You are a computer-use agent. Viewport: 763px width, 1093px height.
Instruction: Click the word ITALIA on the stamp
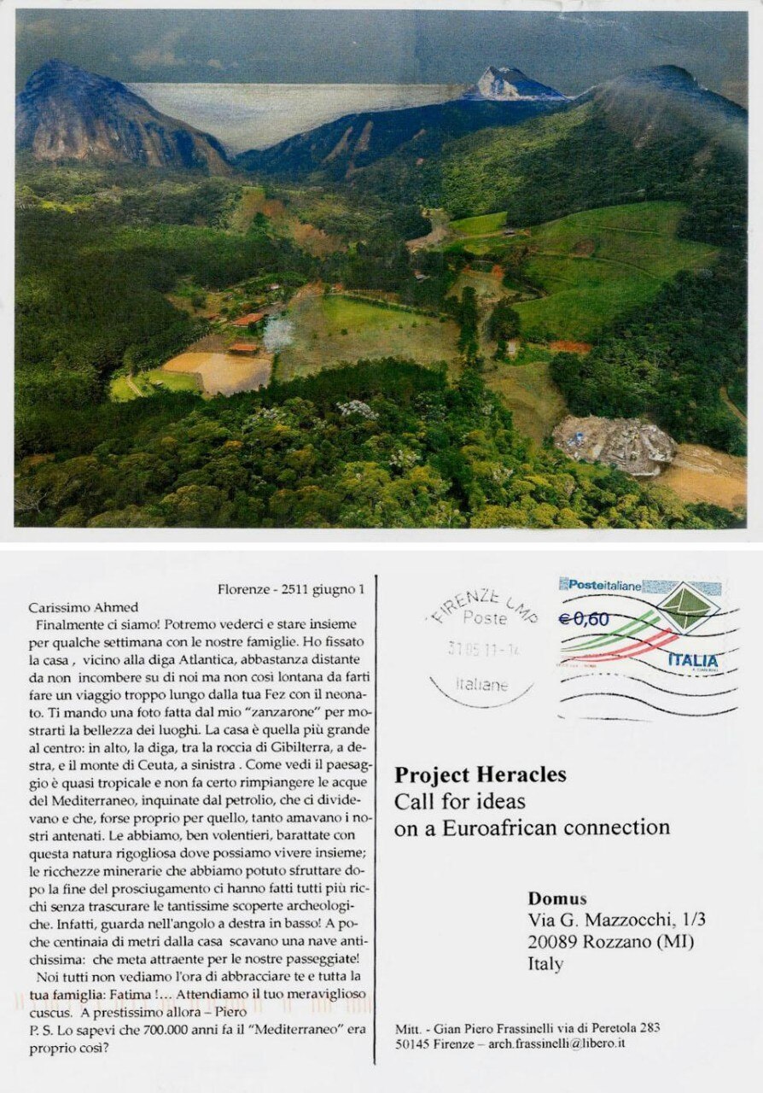(692, 660)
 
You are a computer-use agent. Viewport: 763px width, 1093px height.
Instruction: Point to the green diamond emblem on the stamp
(686, 607)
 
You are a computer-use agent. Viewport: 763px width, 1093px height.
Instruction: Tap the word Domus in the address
(556, 898)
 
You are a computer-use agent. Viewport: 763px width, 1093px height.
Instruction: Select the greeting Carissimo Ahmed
(83, 607)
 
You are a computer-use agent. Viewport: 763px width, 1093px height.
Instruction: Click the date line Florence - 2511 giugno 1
(291, 589)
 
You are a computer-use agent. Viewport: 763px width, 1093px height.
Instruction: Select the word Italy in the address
(545, 964)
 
